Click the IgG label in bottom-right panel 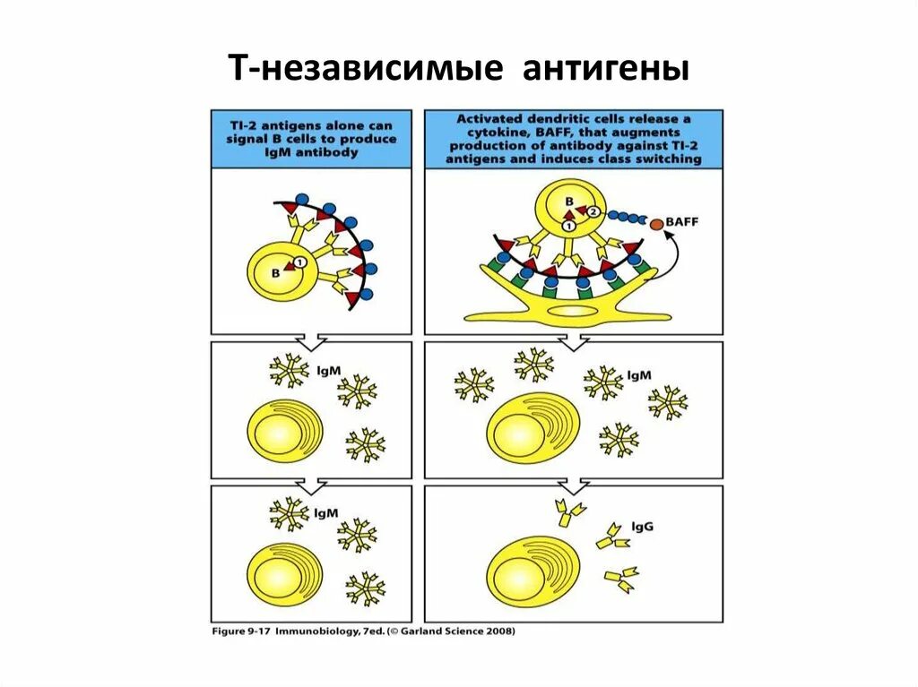pos(642,527)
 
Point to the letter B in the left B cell pos(276,269)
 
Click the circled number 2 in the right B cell pos(593,211)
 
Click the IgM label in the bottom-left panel pos(325,513)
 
